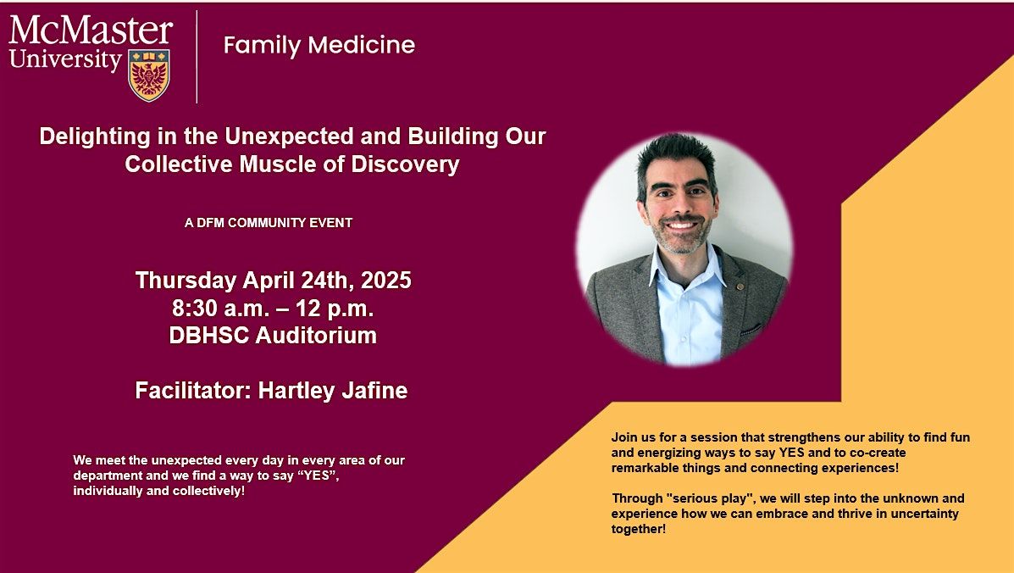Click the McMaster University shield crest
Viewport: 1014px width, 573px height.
tap(149, 75)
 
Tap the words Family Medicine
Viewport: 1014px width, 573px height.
tap(319, 45)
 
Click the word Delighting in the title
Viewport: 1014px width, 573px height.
tap(95, 136)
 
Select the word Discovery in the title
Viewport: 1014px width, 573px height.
tap(405, 164)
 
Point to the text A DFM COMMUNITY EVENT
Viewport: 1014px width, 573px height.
tap(269, 223)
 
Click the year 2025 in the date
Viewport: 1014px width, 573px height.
tap(386, 280)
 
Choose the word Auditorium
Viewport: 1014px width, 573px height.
tap(316, 335)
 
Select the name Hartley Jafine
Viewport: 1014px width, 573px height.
tap(333, 391)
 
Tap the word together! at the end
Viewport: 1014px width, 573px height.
tap(638, 529)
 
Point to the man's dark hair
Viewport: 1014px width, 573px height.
tap(676, 155)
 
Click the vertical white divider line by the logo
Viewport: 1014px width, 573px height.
tap(197, 57)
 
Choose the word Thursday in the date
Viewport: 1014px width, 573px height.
tap(186, 280)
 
